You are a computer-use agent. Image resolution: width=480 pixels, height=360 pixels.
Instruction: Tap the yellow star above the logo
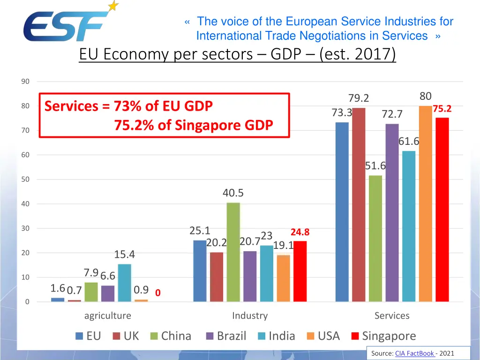[x=113, y=6]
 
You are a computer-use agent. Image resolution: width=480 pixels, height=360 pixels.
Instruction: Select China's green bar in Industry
[x=233, y=252]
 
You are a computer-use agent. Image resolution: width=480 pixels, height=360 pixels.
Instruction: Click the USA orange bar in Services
[x=425, y=203]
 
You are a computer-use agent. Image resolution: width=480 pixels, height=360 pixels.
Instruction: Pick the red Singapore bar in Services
[x=442, y=210]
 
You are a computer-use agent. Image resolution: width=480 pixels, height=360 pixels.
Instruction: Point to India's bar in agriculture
[x=124, y=283]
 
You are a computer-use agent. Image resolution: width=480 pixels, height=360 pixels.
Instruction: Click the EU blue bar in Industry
[x=200, y=270]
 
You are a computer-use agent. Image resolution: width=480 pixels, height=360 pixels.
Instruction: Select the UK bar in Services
[x=359, y=205]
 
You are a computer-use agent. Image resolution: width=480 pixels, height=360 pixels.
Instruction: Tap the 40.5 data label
[x=233, y=193]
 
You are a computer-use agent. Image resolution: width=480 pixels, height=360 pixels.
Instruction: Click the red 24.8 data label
[x=300, y=232]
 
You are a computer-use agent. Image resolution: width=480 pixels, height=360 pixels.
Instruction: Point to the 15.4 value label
[x=124, y=255]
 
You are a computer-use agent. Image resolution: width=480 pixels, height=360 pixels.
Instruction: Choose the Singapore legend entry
[x=389, y=336]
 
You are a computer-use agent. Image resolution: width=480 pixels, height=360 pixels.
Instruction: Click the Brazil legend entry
[x=231, y=336]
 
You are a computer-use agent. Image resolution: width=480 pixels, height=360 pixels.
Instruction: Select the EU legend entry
[x=93, y=336]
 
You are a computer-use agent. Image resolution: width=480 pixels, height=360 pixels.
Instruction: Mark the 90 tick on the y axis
[x=25, y=82]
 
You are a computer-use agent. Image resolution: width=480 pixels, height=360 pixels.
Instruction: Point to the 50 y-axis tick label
[x=25, y=180]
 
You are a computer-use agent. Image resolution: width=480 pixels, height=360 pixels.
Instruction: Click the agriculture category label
[x=107, y=316]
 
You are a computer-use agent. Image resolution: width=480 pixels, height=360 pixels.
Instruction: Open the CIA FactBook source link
[x=414, y=353]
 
